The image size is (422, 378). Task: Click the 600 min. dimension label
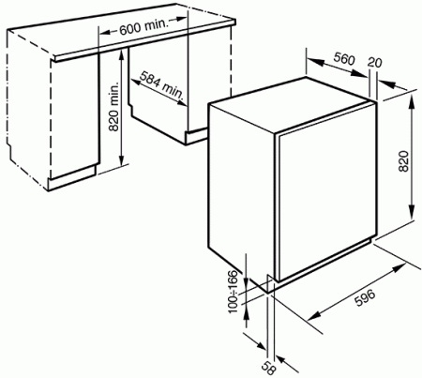point(144,26)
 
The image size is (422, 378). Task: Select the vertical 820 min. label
point(114,107)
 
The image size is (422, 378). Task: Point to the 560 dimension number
point(344,58)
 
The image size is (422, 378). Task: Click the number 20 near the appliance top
point(374,62)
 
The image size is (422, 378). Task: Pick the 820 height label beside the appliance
point(404,161)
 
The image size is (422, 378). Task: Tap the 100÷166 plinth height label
point(233,292)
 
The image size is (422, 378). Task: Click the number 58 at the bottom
point(268,368)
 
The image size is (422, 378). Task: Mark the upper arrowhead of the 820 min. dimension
point(122,53)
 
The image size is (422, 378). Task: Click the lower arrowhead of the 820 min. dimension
point(122,160)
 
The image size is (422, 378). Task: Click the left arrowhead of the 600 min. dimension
point(106,32)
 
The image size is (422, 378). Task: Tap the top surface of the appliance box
point(293,105)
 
